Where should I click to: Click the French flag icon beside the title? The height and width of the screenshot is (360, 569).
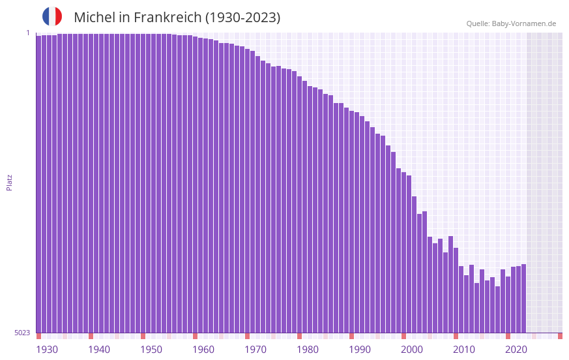pos(52,16)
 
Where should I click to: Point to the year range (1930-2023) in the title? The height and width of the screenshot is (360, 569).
pos(242,18)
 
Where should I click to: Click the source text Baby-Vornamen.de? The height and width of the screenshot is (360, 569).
pos(523,23)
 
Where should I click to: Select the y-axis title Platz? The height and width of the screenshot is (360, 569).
pos(9,182)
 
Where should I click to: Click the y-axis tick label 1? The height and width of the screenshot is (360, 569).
pos(28,33)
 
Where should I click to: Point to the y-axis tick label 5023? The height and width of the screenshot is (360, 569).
pos(23,333)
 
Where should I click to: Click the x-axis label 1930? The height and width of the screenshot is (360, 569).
pos(47,350)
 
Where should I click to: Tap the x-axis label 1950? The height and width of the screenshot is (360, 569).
pos(151,350)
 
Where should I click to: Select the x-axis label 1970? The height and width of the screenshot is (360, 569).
pos(255,350)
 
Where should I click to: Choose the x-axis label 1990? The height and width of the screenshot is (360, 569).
pos(360,350)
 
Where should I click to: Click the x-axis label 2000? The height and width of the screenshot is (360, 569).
pos(412,350)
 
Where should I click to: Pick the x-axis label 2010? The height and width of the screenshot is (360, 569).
pos(464,350)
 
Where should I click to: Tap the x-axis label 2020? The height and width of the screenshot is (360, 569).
pos(516,350)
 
